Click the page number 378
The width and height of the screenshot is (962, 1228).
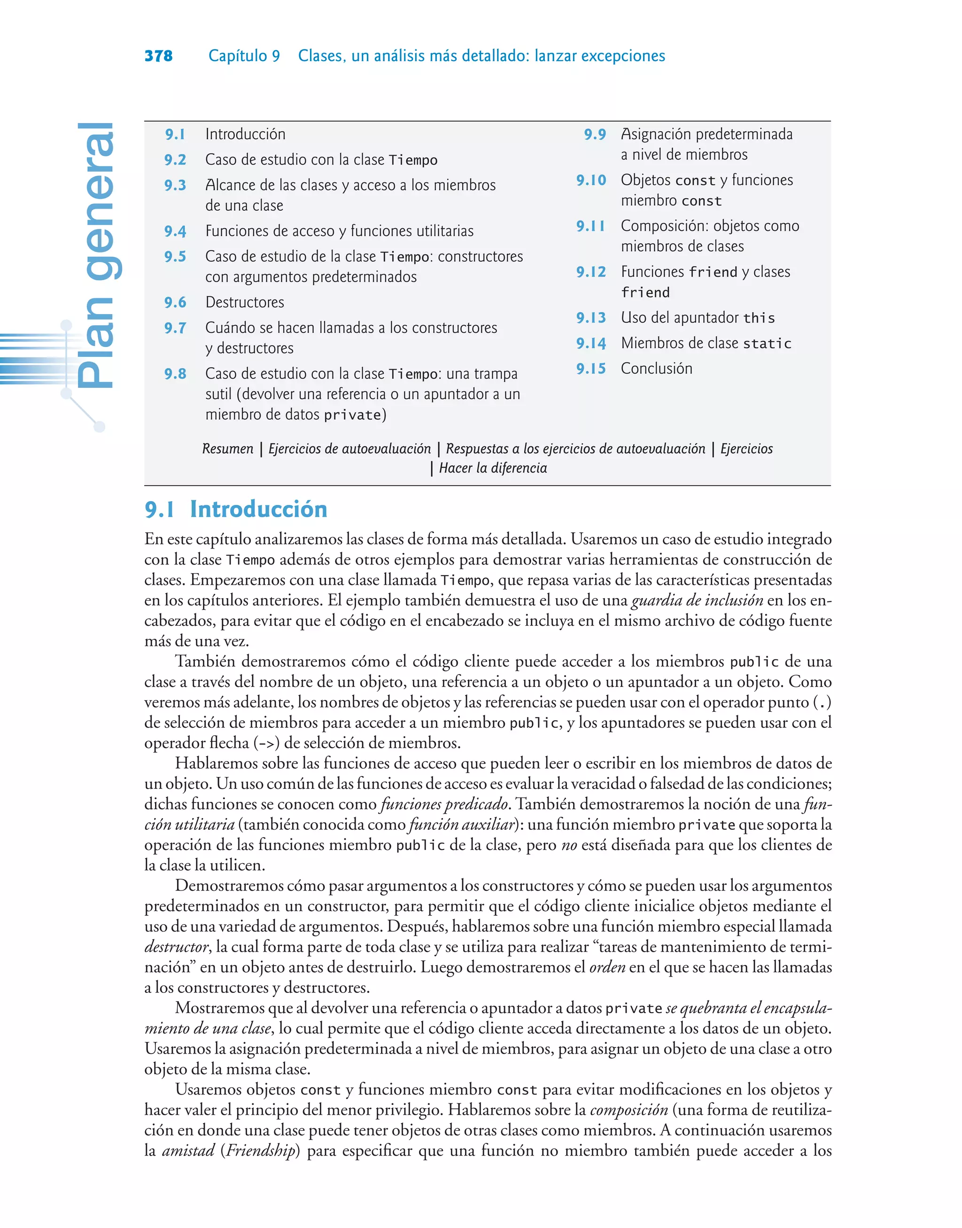[158, 56]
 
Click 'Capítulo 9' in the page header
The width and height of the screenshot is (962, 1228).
[244, 56]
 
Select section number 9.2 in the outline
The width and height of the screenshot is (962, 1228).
[175, 160]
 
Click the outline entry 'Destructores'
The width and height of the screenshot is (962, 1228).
[244, 302]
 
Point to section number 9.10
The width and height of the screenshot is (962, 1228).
[591, 181]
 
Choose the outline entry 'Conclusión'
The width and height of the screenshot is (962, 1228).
[656, 369]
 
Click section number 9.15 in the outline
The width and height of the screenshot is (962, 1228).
[591, 369]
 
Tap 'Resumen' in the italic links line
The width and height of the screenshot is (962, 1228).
[227, 449]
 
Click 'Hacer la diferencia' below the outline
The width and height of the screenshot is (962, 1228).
[493, 468]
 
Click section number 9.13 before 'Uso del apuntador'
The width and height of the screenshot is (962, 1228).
[591, 318]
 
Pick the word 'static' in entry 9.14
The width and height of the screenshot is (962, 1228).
[767, 344]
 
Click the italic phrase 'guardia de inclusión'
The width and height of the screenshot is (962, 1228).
[697, 600]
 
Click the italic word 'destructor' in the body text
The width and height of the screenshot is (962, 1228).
[176, 947]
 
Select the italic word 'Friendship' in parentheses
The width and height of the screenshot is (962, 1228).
[261, 1150]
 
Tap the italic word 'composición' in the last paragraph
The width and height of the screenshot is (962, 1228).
[628, 1110]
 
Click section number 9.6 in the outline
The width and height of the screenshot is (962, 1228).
[175, 303]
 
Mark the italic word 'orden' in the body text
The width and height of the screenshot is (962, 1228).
[607, 967]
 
